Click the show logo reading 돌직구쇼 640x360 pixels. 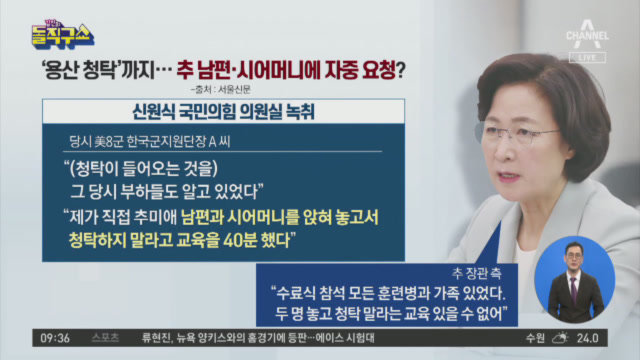click(x=63, y=35)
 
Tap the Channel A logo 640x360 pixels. click(x=587, y=34)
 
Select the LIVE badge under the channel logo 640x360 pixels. click(x=587, y=58)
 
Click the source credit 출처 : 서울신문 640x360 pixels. click(x=220, y=89)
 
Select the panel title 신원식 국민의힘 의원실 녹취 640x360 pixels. click(x=223, y=111)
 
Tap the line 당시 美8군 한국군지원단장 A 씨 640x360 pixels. click(x=150, y=142)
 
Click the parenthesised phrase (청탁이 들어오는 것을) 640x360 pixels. click(x=144, y=169)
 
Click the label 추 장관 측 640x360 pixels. click(x=476, y=273)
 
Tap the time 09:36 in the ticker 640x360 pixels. click(x=55, y=338)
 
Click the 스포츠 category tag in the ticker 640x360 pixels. click(x=106, y=338)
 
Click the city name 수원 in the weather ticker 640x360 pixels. click(x=535, y=338)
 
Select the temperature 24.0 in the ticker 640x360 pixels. click(x=587, y=338)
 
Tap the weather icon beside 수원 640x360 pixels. click(x=560, y=338)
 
